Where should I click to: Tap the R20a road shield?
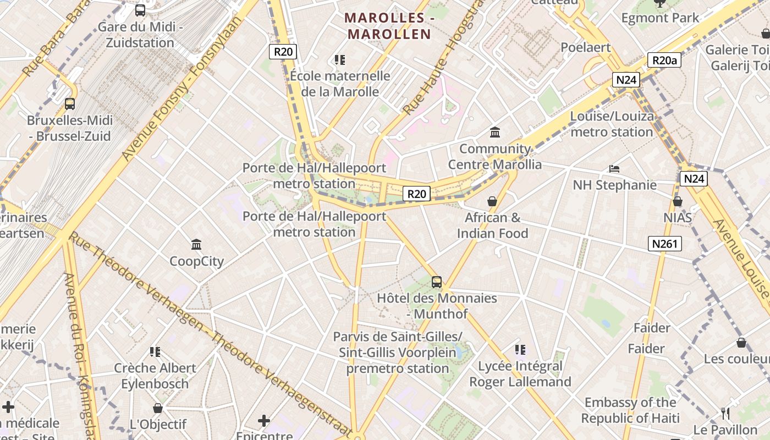664,60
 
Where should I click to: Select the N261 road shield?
664,244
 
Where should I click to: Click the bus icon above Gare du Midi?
140,10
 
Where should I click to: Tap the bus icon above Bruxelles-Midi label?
70,103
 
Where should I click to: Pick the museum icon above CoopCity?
196,244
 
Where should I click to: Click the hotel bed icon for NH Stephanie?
614,168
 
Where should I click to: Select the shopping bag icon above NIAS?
678,201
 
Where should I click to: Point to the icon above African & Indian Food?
492,201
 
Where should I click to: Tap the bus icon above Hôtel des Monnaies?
437,282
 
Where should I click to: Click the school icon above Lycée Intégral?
520,349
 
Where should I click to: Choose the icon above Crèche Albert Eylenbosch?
155,351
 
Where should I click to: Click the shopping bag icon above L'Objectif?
158,408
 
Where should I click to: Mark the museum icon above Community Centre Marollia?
495,132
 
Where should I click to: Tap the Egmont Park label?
660,18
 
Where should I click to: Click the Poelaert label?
586,47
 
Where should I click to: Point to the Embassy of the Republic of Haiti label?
630,410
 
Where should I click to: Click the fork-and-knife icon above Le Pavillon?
725,413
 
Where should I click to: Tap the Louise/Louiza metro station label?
612,124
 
